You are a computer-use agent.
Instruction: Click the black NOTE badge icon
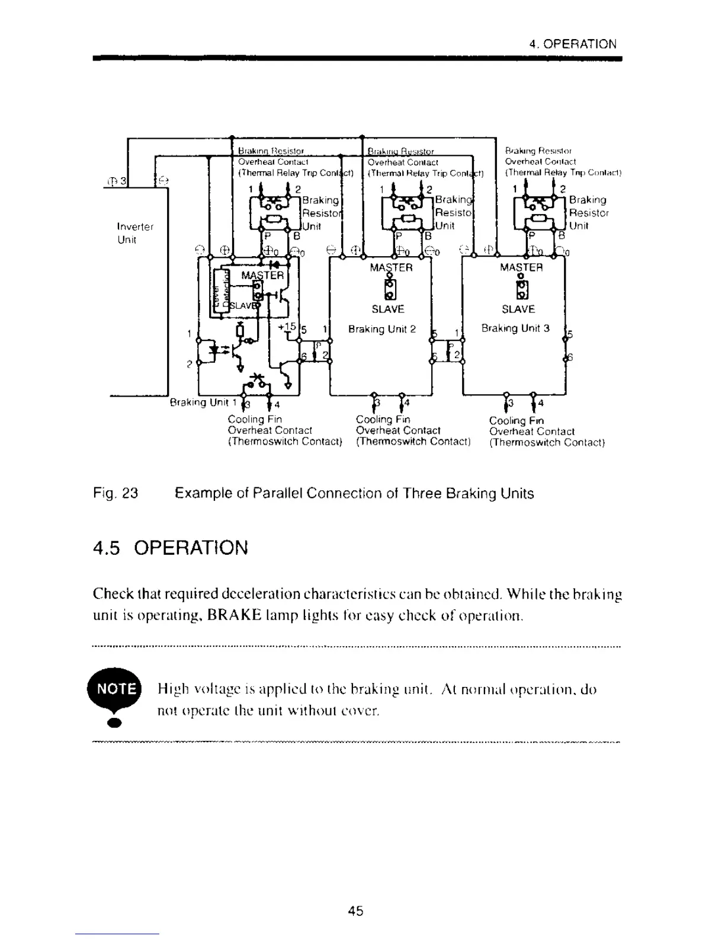114,689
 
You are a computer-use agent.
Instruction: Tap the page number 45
356,911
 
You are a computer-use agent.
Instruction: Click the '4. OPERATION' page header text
573,44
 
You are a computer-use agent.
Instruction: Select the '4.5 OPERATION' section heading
171,547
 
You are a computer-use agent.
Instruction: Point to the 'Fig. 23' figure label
116,494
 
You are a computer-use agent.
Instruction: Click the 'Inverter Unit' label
135,233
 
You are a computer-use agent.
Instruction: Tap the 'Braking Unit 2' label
382,329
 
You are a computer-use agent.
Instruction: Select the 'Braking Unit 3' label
515,328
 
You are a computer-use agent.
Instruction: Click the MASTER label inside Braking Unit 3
521,267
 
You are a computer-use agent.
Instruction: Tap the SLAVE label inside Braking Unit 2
388,309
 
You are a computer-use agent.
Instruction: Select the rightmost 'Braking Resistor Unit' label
588,213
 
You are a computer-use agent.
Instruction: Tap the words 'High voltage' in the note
191,689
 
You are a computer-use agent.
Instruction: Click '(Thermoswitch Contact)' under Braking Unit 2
413,442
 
